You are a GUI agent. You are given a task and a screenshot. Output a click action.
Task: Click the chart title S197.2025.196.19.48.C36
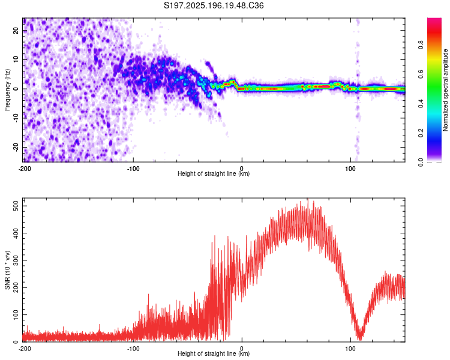(x=214, y=5)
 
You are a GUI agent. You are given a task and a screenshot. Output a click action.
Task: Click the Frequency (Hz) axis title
(x=7, y=90)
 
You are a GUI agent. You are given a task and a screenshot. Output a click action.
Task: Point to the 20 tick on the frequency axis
(x=16, y=30)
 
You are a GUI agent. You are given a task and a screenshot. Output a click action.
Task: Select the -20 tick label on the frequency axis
(x=16, y=148)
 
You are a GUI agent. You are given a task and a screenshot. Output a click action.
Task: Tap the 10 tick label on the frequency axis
(x=16, y=59)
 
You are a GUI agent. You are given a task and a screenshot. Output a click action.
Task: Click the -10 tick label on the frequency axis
(x=16, y=118)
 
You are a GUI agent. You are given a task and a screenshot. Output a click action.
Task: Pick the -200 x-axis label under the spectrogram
(x=25, y=169)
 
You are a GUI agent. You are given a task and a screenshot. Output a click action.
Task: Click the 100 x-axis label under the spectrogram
(x=350, y=169)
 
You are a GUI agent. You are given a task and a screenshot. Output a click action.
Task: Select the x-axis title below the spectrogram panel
(x=214, y=173)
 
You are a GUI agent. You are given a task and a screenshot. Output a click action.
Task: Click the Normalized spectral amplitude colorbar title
(x=445, y=90)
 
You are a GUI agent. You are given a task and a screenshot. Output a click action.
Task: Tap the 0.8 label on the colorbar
(x=421, y=45)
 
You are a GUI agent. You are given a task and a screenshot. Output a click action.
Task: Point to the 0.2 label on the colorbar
(x=421, y=133)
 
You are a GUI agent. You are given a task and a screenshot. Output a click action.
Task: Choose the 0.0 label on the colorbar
(x=421, y=163)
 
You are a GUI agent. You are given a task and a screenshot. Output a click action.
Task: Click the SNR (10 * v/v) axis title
(x=7, y=270)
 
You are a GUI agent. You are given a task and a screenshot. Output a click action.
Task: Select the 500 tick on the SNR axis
(x=16, y=206)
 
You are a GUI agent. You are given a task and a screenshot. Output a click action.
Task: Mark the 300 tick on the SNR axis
(x=16, y=260)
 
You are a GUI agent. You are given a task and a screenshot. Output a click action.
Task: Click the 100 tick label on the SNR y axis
(x=16, y=314)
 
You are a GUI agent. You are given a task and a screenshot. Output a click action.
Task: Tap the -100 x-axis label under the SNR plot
(x=133, y=349)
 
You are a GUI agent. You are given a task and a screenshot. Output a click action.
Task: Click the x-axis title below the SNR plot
(x=214, y=353)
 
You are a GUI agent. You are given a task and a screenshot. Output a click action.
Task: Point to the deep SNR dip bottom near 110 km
(x=361, y=338)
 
